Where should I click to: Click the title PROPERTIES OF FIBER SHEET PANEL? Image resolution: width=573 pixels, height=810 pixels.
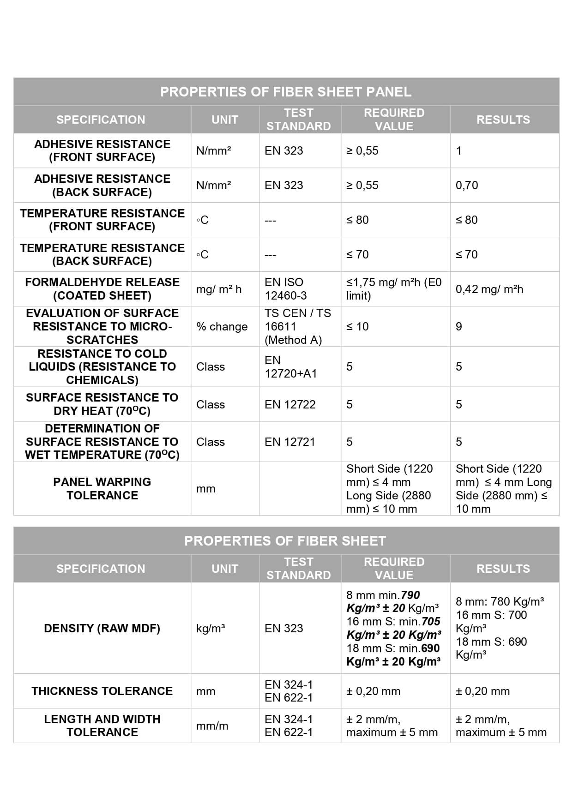click(x=286, y=92)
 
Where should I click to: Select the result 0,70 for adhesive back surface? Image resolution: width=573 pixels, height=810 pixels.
click(x=467, y=186)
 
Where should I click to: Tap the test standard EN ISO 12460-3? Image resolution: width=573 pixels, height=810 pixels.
click(x=285, y=289)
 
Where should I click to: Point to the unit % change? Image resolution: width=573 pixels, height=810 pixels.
click(x=222, y=327)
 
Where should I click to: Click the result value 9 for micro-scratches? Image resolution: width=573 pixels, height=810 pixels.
click(x=459, y=327)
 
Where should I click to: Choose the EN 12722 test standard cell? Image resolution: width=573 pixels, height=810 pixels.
click(x=290, y=405)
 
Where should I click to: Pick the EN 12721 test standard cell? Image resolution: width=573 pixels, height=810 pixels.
click(x=290, y=442)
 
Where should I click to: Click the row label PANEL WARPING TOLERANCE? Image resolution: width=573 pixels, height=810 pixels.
click(x=102, y=489)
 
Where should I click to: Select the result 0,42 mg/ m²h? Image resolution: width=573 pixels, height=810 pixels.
click(x=489, y=289)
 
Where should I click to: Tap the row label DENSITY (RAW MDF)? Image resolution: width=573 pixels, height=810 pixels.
click(x=102, y=629)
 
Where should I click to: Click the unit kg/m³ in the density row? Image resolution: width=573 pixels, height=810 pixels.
click(x=211, y=629)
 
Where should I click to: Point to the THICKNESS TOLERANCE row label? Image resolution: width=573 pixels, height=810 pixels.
click(x=102, y=691)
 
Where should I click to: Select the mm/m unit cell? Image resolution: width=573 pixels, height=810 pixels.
click(x=212, y=726)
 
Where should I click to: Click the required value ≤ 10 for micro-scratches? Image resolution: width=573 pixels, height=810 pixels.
click(x=357, y=327)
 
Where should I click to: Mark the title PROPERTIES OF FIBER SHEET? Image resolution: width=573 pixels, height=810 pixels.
click(x=285, y=541)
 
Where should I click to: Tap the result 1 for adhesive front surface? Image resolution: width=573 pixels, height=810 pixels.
click(x=459, y=151)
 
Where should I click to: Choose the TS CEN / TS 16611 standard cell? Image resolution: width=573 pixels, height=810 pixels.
click(x=297, y=327)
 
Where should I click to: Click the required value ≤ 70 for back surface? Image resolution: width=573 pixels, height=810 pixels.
click(x=357, y=255)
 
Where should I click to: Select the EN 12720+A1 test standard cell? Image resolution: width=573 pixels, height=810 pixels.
click(x=290, y=367)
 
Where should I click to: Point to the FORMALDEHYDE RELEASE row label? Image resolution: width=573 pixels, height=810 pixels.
click(x=102, y=289)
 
